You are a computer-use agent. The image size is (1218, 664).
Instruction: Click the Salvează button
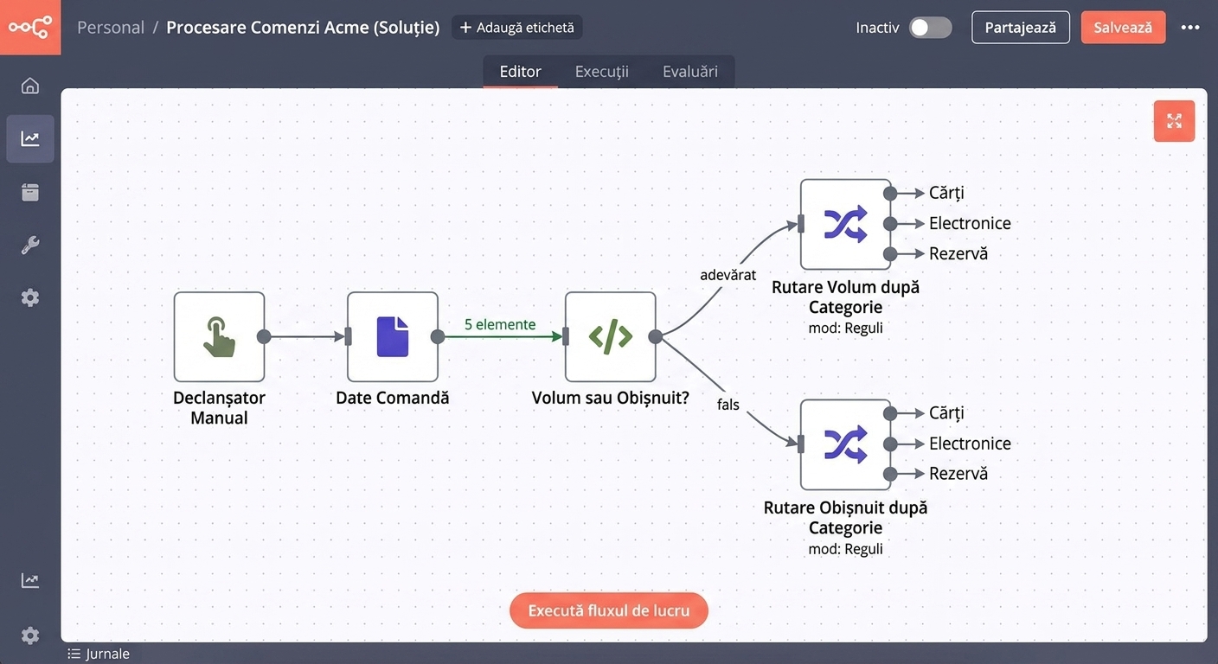[1123, 27]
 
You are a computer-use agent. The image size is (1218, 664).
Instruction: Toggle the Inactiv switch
[930, 28]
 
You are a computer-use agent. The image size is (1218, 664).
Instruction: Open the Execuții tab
[601, 71]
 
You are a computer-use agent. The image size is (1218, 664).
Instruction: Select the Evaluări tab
[690, 71]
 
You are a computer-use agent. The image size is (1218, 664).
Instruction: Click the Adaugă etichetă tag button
[516, 27]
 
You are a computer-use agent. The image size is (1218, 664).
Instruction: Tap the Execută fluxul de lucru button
[608, 610]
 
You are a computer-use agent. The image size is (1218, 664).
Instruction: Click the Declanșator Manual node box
[219, 337]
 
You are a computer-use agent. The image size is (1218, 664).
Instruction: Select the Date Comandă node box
[393, 337]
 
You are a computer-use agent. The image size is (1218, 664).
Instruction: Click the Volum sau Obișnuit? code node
[610, 337]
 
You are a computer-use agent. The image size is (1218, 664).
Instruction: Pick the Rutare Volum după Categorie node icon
[845, 224]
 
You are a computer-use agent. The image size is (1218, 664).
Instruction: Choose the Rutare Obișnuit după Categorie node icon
[845, 444]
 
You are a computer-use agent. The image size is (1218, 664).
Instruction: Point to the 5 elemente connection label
[500, 324]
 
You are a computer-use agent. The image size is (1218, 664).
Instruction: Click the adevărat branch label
[728, 275]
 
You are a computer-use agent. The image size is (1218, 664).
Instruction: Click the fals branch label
[728, 405]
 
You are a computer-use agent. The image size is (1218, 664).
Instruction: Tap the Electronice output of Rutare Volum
[970, 223]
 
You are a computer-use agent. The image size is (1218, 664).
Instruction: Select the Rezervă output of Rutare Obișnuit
[958, 473]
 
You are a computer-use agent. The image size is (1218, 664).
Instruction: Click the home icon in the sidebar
[30, 86]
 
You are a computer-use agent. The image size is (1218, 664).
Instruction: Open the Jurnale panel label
[99, 654]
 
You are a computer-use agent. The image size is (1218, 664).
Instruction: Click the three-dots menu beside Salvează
[1190, 27]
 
